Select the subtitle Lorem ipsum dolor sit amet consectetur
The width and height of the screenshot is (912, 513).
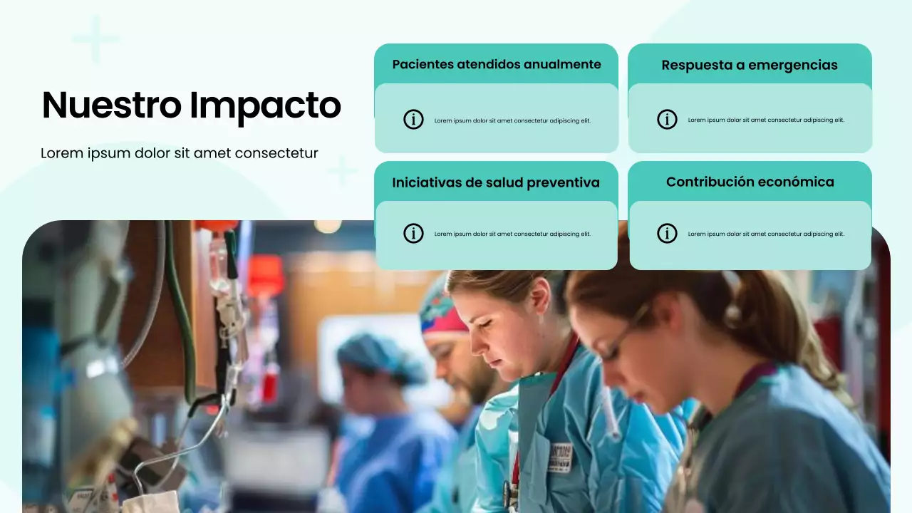click(179, 153)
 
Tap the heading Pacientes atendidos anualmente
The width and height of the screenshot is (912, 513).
click(497, 64)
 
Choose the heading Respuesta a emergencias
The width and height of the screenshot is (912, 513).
click(750, 65)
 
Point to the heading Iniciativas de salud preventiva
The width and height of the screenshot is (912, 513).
click(496, 182)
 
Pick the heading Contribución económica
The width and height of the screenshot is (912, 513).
click(750, 182)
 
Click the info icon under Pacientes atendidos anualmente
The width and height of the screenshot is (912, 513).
click(413, 120)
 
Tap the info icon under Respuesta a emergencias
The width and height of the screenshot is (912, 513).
click(667, 120)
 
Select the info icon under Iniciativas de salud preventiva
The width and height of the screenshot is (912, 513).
click(413, 233)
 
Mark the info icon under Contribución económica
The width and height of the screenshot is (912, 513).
click(667, 233)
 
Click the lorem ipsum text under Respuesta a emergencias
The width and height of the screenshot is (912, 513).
click(766, 120)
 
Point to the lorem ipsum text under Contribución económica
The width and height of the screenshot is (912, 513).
click(766, 234)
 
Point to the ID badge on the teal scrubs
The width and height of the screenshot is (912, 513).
click(560, 457)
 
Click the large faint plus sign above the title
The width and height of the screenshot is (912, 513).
click(95, 39)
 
